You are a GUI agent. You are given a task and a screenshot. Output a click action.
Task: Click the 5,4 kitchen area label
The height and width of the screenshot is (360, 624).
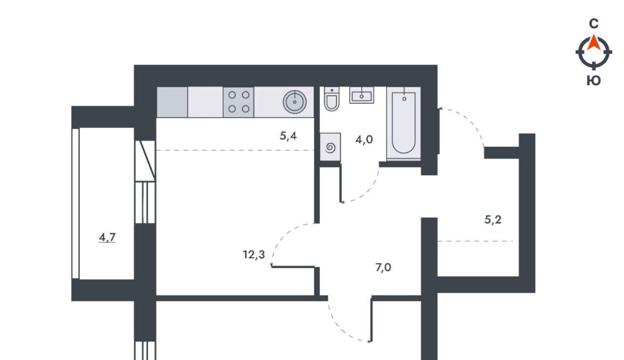tap(288, 136)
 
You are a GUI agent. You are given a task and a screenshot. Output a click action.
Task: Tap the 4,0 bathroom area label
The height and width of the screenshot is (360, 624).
tap(364, 139)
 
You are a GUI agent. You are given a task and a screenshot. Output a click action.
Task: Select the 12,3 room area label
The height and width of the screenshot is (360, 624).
tap(254, 254)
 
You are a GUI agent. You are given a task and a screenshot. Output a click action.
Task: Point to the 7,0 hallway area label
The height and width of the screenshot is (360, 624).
tap(383, 267)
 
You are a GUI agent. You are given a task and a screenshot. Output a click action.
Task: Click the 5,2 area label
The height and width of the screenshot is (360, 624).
tap(493, 220)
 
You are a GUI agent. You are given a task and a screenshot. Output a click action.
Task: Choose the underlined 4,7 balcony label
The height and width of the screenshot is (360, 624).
tap(107, 238)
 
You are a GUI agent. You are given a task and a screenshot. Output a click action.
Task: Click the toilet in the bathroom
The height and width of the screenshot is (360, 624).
tap(331, 99)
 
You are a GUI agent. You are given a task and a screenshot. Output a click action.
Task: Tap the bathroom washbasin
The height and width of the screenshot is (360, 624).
tap(362, 95)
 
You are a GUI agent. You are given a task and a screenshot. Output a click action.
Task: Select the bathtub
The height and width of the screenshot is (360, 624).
tap(404, 124)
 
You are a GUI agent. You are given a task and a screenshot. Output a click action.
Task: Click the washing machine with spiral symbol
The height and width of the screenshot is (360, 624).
tap(330, 147)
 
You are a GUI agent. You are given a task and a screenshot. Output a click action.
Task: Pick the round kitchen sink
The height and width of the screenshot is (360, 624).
tap(294, 102)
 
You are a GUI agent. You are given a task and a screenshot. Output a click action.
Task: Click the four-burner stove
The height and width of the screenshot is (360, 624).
tap(238, 102)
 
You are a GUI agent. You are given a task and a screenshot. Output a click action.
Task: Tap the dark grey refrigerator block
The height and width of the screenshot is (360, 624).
tap(172, 102)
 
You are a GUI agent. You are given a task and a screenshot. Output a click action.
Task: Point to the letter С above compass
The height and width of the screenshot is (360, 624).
tap(594, 24)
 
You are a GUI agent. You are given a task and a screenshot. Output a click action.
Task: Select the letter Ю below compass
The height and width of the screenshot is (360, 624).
tap(594, 81)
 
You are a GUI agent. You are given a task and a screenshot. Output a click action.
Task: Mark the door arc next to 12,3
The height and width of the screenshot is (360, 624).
tap(283, 238)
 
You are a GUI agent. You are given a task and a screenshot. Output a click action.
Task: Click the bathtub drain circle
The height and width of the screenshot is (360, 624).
tap(404, 99)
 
